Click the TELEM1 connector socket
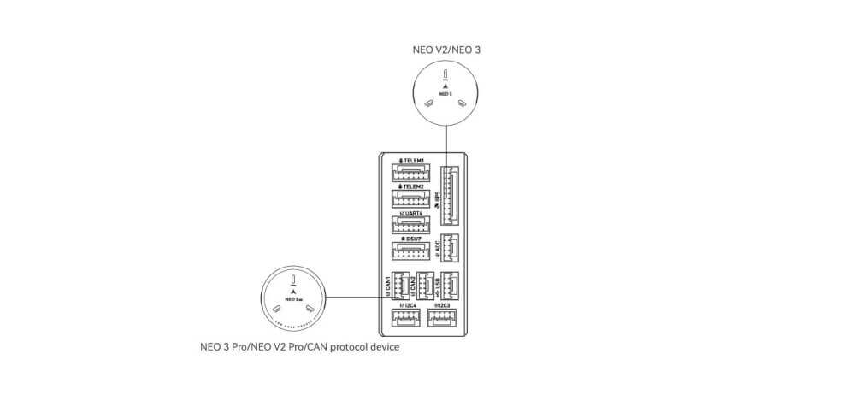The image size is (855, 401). (412, 173)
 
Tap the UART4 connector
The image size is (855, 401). (412, 226)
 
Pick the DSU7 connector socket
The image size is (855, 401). (412, 252)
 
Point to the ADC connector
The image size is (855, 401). (450, 249)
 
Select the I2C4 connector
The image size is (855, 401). (404, 318)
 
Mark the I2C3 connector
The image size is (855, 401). (442, 318)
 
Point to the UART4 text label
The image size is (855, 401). (414, 213)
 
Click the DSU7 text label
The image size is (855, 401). (415, 239)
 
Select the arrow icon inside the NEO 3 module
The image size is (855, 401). (445, 89)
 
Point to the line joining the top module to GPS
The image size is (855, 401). (445, 141)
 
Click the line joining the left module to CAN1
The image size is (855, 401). (355, 297)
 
